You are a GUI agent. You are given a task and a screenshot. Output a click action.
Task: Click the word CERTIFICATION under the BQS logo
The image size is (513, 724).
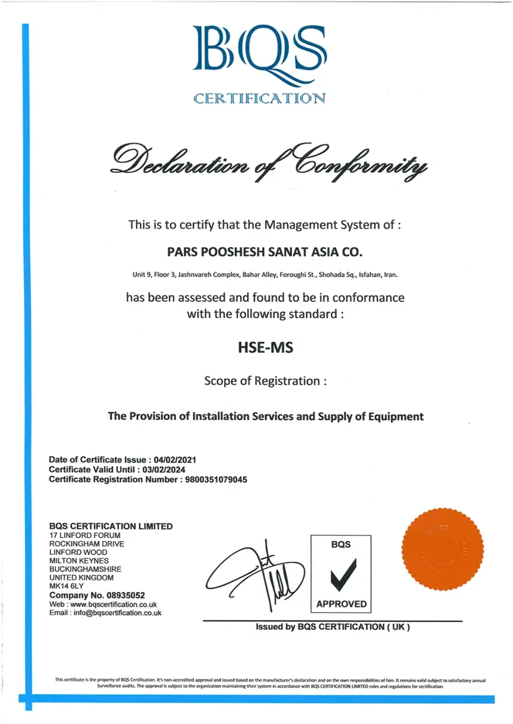(x=260, y=98)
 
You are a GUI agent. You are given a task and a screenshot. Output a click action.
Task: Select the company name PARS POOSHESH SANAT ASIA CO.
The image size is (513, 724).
(x=265, y=250)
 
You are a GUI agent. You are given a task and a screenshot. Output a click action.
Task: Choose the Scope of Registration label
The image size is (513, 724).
(x=265, y=381)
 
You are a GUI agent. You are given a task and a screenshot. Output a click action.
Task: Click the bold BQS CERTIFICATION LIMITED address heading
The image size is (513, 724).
(x=111, y=526)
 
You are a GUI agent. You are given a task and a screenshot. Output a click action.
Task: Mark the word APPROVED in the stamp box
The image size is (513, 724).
(x=341, y=603)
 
